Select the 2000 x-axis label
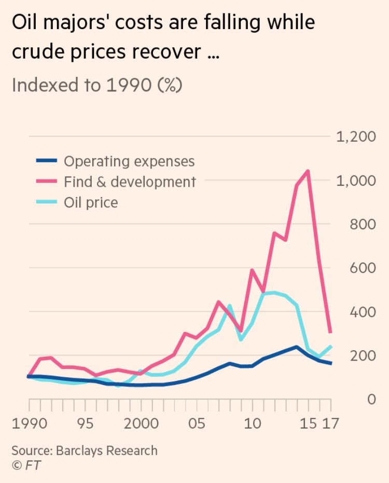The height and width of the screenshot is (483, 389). click(x=140, y=423)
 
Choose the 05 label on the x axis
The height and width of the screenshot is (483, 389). click(x=197, y=423)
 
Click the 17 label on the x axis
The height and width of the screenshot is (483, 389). click(x=330, y=423)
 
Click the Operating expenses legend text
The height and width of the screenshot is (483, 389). click(x=129, y=161)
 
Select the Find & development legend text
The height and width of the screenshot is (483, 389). click(x=130, y=182)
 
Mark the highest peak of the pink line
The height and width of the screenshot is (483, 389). click(x=309, y=171)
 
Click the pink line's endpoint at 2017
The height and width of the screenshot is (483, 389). click(x=331, y=332)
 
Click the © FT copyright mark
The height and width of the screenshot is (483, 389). click(x=26, y=465)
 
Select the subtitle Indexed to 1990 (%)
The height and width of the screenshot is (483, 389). click(x=97, y=85)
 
